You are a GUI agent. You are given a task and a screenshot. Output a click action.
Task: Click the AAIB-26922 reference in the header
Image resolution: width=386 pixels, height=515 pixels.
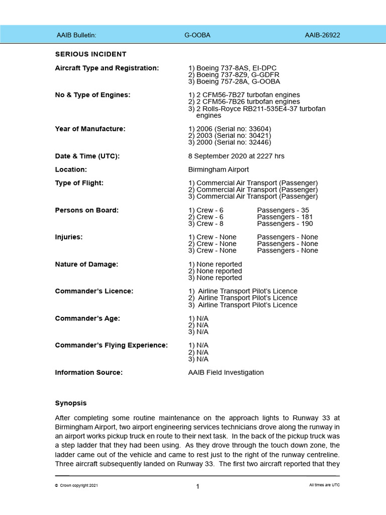pos(322,35)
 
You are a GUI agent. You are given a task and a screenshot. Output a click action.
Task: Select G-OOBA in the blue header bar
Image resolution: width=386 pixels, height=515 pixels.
pos(198,35)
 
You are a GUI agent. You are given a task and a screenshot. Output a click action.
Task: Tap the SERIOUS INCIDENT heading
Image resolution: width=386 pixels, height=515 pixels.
pos(90,54)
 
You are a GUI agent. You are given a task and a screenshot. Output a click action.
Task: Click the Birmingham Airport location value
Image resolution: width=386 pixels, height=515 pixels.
pos(218,169)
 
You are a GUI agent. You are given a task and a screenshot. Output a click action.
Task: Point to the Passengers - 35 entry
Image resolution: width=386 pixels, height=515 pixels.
pos(283,210)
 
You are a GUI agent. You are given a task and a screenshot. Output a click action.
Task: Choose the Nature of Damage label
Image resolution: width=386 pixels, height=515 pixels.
pos(86,264)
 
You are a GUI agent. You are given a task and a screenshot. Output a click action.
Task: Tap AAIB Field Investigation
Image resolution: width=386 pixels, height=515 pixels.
pos(226,373)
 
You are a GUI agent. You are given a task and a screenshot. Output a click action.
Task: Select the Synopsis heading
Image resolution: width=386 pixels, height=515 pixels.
pos(70,403)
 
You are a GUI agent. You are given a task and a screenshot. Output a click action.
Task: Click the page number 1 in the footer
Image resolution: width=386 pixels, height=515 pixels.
pos(198,486)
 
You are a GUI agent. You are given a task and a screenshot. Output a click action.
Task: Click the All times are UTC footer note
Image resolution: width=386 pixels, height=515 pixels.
pos(324,485)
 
